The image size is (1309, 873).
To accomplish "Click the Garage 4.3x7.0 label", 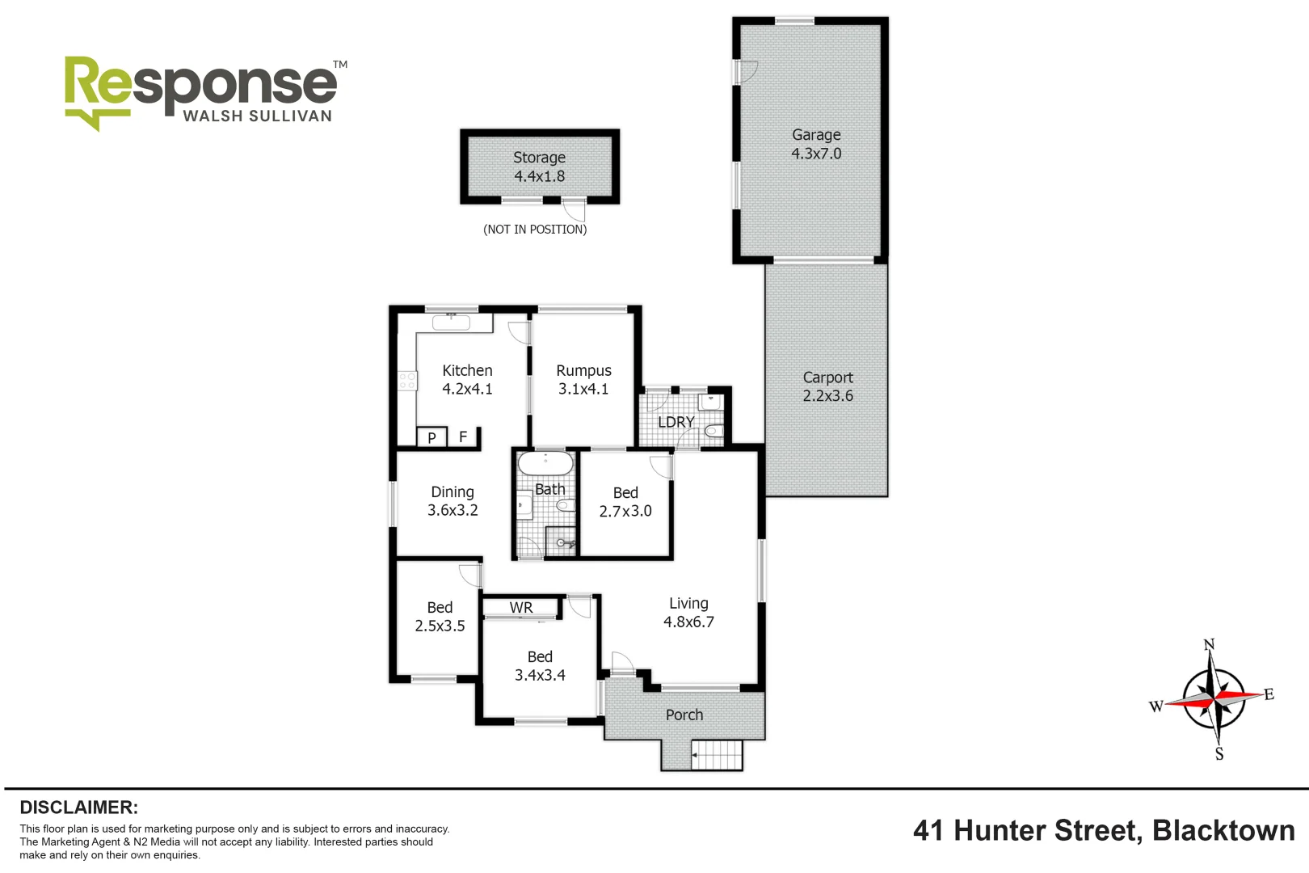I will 816,144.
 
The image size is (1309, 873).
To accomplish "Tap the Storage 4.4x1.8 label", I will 539,167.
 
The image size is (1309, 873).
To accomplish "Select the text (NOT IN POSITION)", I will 535,230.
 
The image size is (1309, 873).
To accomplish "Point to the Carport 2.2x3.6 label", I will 827,386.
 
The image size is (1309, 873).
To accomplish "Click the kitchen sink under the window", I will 451,323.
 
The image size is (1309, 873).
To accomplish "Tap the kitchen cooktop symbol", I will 407,381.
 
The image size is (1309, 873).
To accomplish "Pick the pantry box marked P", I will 431,437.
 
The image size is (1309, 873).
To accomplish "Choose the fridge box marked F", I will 463,436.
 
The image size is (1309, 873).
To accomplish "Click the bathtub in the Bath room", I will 545,464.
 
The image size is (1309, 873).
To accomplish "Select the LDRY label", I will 676,422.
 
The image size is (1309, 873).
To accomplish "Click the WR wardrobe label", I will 521,608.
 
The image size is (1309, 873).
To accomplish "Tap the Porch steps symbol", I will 717,756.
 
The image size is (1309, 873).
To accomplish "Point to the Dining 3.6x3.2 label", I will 452,501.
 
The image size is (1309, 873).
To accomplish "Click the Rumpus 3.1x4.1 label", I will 583,379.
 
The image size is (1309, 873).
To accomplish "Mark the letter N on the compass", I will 1209,645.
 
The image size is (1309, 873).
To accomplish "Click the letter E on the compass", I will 1269,694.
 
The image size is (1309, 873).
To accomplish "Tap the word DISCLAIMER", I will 78,808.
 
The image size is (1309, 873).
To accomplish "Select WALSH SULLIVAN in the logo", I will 257,116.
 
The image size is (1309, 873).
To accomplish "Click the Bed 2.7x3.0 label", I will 625,502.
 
